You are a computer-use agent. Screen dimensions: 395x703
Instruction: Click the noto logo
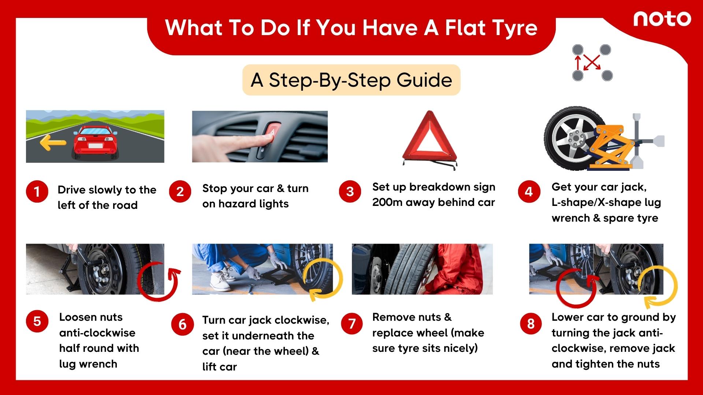[x=662, y=19]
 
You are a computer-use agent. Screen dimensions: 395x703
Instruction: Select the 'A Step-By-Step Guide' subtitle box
[x=351, y=80]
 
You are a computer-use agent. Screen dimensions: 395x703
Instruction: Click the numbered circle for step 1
[x=37, y=191]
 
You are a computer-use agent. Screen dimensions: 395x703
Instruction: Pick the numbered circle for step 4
[x=529, y=191]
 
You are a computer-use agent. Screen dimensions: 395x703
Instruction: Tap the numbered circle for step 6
[x=182, y=324]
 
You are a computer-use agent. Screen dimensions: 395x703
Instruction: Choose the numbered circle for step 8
[x=531, y=324]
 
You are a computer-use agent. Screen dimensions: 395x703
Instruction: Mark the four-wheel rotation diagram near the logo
[x=592, y=63]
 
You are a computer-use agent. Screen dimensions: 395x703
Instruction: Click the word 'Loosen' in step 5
[x=91, y=317]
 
